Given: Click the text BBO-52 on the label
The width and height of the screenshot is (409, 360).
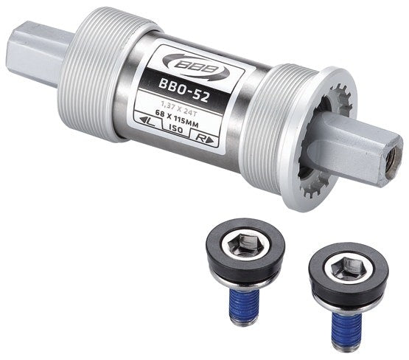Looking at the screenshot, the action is pyautogui.click(x=183, y=90).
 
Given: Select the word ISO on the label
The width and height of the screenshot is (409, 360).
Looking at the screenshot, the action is pyautogui.click(x=176, y=128).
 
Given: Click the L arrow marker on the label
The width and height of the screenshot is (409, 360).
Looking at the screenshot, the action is pyautogui.click(x=147, y=120).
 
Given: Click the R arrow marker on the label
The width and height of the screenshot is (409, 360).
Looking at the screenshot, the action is pyautogui.click(x=206, y=139).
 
